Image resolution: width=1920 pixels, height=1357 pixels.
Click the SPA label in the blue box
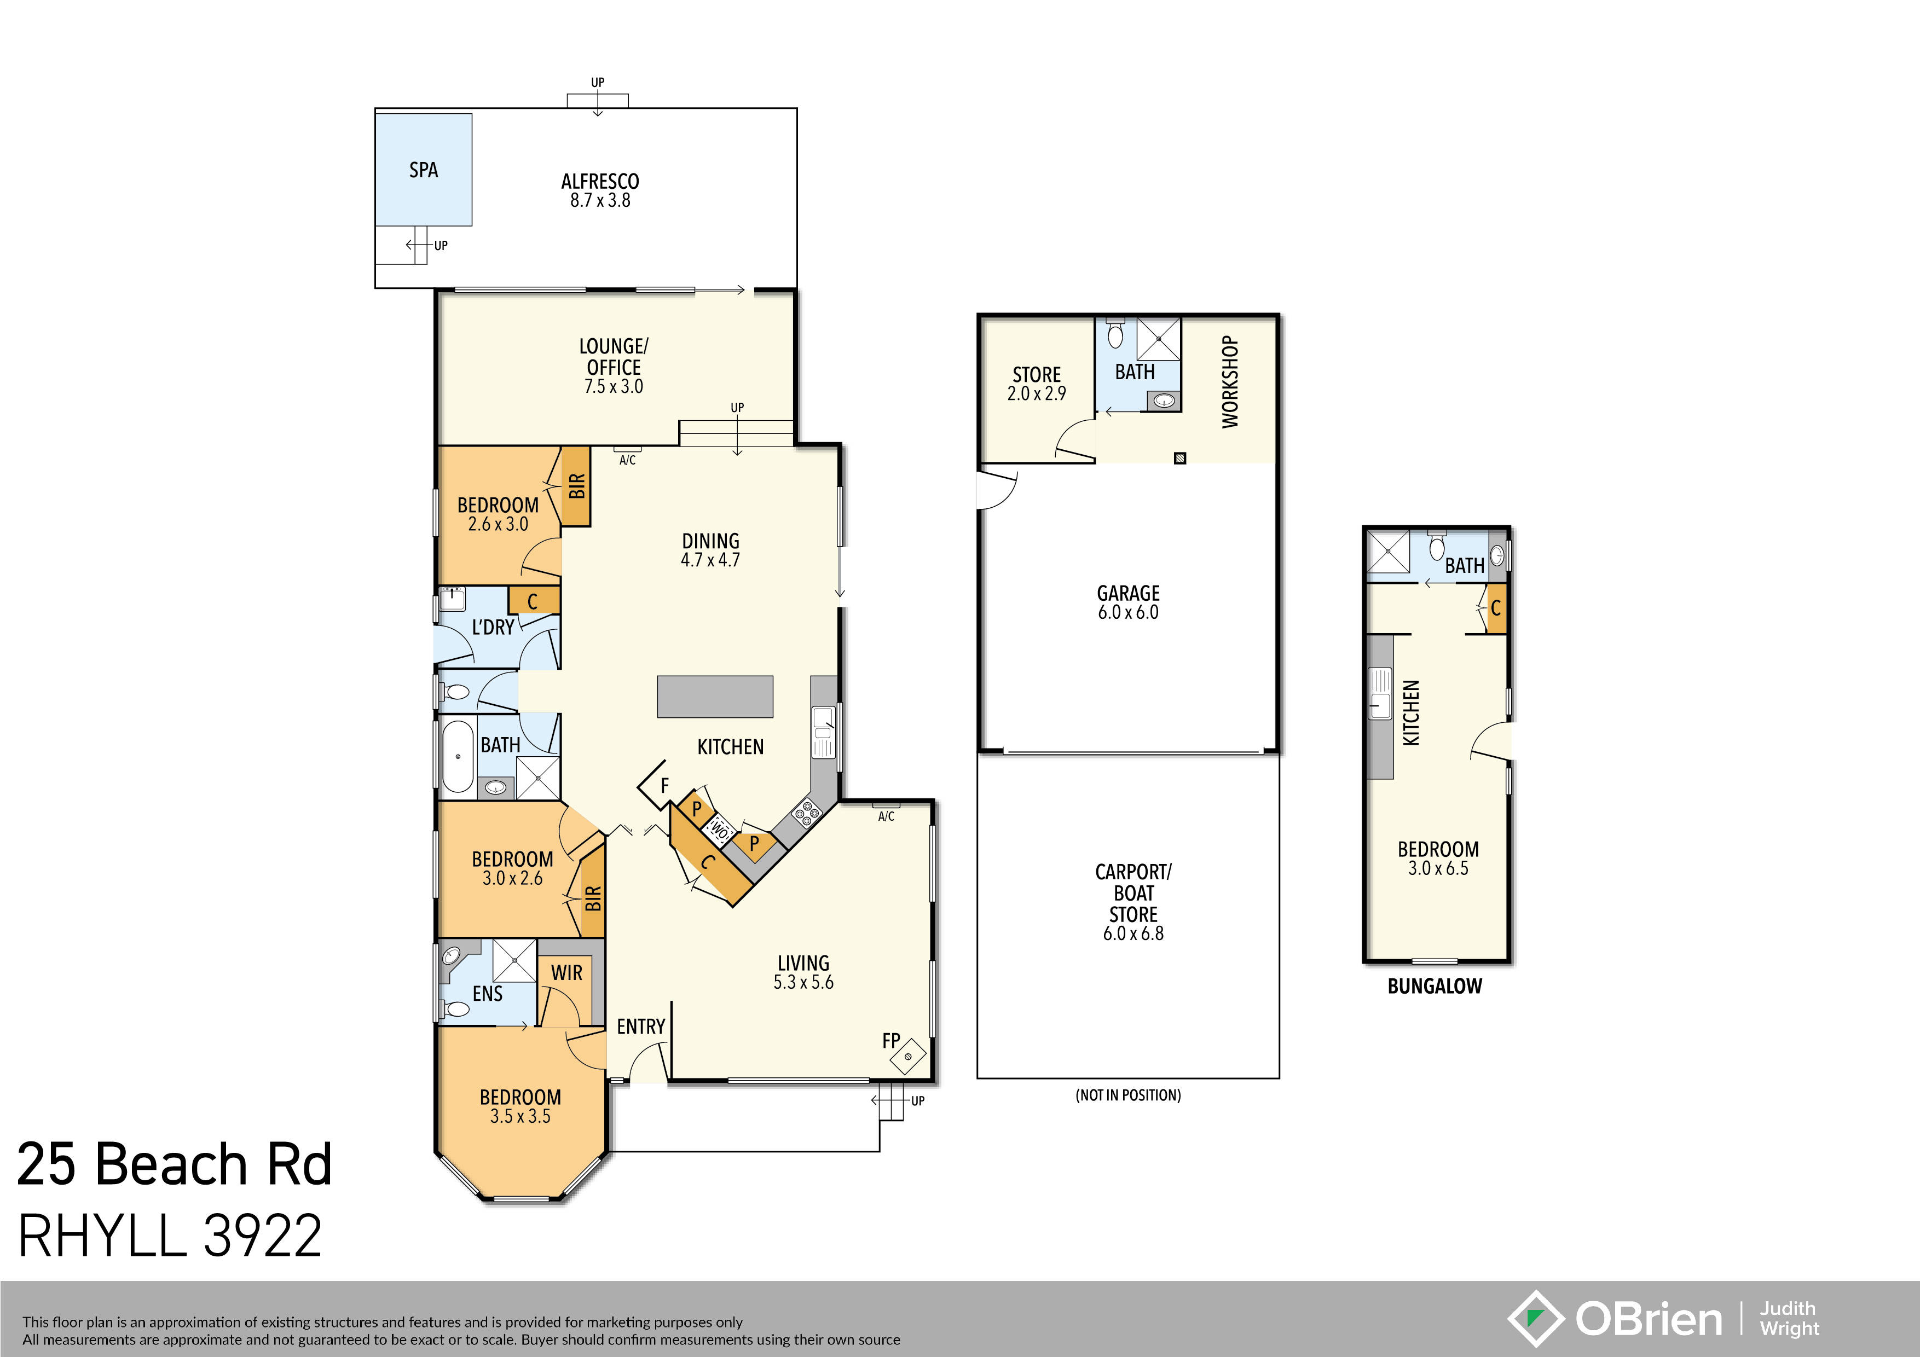click(423, 170)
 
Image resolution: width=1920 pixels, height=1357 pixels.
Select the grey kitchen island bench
click(715, 697)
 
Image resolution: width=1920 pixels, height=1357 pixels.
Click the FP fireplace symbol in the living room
click(908, 1056)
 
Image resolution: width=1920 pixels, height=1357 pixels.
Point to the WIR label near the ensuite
click(566, 972)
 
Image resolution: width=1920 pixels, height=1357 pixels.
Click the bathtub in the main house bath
click(458, 756)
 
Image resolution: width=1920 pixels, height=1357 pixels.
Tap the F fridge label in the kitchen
click(665, 786)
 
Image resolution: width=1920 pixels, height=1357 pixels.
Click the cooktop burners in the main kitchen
click(807, 813)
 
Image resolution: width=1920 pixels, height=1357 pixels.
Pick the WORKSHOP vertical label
click(1229, 382)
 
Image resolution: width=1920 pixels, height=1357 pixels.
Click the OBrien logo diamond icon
click(1535, 1319)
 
